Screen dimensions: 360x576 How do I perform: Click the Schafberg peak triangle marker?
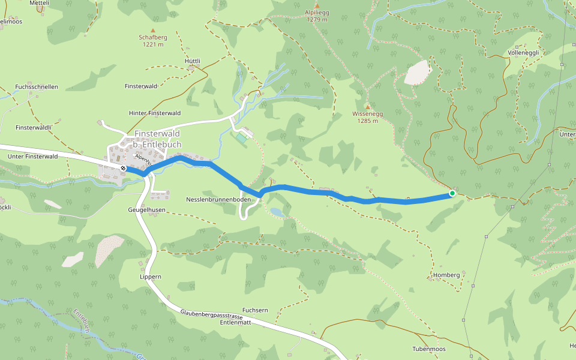coord(153,30)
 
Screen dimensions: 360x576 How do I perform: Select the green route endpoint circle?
coord(452,193)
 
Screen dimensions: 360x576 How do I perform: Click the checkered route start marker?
coord(122,169)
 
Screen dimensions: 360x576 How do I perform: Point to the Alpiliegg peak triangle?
coord(317,5)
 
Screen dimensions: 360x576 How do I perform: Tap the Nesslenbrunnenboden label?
coord(218,199)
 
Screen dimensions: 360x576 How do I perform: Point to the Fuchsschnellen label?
coord(37,86)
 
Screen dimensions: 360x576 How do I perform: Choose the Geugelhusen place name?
coord(146,211)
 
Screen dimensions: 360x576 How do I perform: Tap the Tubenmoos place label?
coord(429,349)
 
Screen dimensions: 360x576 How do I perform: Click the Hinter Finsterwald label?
coord(155,113)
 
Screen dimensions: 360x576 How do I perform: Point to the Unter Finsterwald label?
coord(32,156)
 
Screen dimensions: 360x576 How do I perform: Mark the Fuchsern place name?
coord(255,310)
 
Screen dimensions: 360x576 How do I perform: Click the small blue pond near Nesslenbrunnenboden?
coord(277,212)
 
